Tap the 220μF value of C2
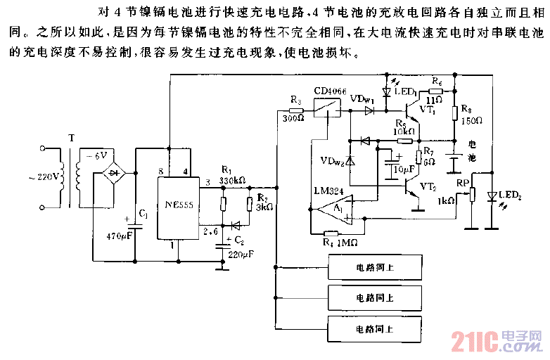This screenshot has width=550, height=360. pos(241,254)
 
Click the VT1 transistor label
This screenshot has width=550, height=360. pos(426,111)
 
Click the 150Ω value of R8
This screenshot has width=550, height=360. pos(471,120)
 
